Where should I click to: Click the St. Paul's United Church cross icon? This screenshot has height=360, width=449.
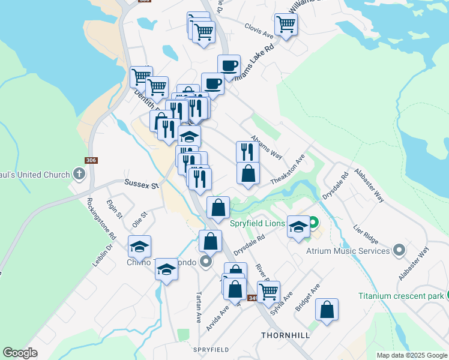coord(78,175)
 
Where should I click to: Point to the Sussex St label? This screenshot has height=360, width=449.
coord(140,185)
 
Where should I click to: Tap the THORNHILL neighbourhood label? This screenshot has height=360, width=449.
coord(285,335)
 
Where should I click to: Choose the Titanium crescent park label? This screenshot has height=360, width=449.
coord(400,295)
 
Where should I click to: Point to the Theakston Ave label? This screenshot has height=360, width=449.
coord(288,168)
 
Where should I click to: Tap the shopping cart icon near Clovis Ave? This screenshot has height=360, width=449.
coord(286,24)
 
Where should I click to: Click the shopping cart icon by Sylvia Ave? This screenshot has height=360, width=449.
coord(268,291)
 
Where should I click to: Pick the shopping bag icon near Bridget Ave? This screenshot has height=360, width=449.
coord(327,310)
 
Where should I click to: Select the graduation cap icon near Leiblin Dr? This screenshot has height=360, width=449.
coord(139,246)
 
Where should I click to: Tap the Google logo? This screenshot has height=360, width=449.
coord(20,353)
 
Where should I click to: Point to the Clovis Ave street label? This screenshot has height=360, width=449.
coord(259,27)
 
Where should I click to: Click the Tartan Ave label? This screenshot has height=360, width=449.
coord(198,308)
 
